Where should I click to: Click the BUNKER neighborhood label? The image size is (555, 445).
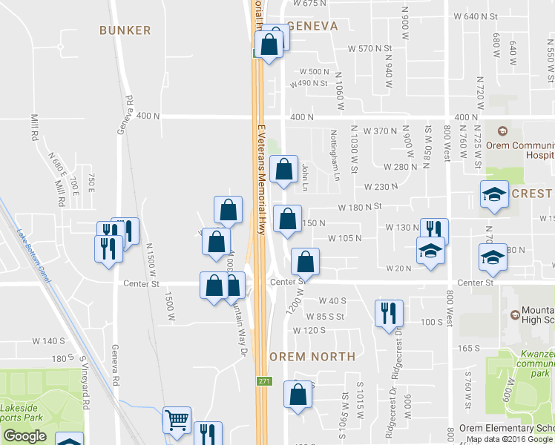(x=125, y=30)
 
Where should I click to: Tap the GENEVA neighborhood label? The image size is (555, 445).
(x=312, y=26)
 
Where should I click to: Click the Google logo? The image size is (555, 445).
(x=24, y=436)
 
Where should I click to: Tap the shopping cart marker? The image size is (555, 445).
(x=177, y=421)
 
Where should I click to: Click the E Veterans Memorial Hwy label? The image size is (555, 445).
(x=261, y=179)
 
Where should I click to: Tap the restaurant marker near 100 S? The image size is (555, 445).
(x=389, y=313)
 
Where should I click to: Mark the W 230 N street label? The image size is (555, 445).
(x=382, y=186)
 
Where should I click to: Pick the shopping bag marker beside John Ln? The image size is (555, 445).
(x=284, y=170)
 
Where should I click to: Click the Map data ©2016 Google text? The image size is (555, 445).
(x=505, y=439)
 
